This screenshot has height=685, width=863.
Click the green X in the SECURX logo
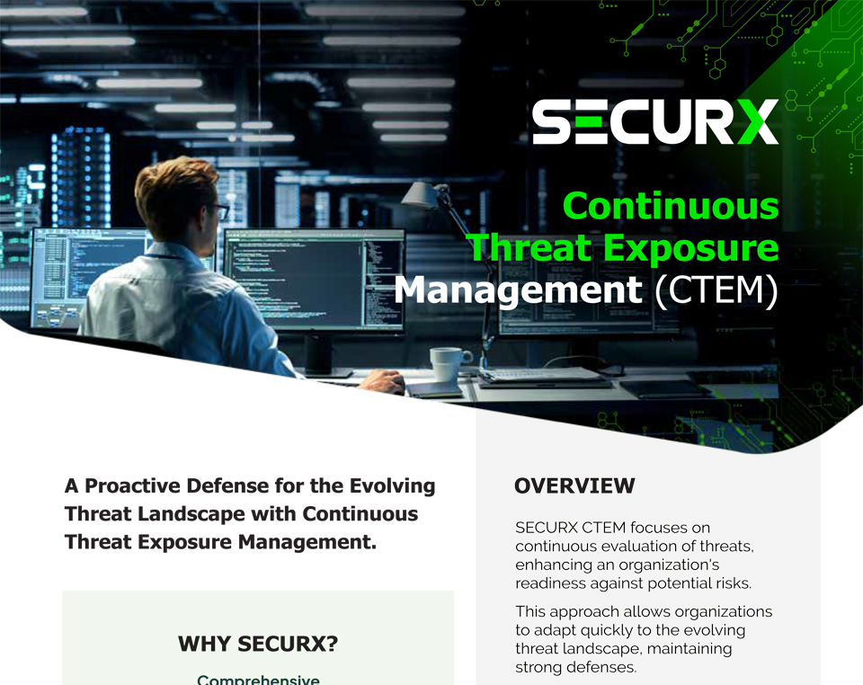click(x=757, y=121)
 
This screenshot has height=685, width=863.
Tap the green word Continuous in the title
click(x=671, y=207)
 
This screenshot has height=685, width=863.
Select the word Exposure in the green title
click(x=690, y=248)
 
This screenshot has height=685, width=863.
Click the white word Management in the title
click(x=518, y=290)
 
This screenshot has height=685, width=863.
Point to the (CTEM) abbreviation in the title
click(x=716, y=290)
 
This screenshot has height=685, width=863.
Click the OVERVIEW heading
click(x=574, y=485)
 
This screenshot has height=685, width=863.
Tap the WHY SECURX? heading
click(x=258, y=644)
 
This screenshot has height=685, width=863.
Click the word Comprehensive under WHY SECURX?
click(x=258, y=680)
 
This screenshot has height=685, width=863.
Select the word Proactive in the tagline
click(x=133, y=485)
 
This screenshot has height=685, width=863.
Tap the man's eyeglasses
click(x=220, y=210)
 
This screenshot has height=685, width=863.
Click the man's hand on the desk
click(x=383, y=380)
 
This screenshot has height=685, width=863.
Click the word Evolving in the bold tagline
click(x=393, y=485)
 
